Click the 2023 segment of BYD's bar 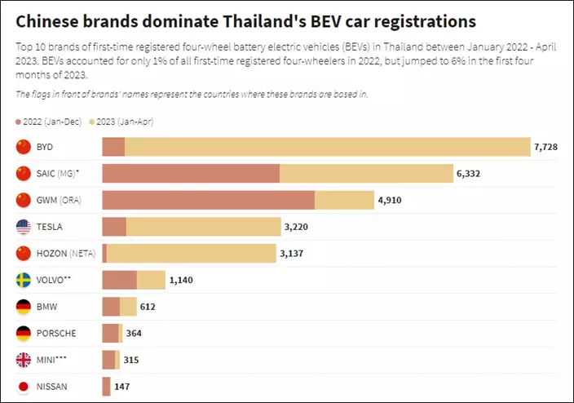pos(326,147)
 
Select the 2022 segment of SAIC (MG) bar pos(191,173)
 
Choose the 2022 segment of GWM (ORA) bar pos(208,200)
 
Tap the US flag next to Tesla pos(24,227)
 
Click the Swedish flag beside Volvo pos(24,280)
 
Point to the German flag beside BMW pos(24,307)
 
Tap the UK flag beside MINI pos(24,360)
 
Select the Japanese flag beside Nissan pos(24,387)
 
